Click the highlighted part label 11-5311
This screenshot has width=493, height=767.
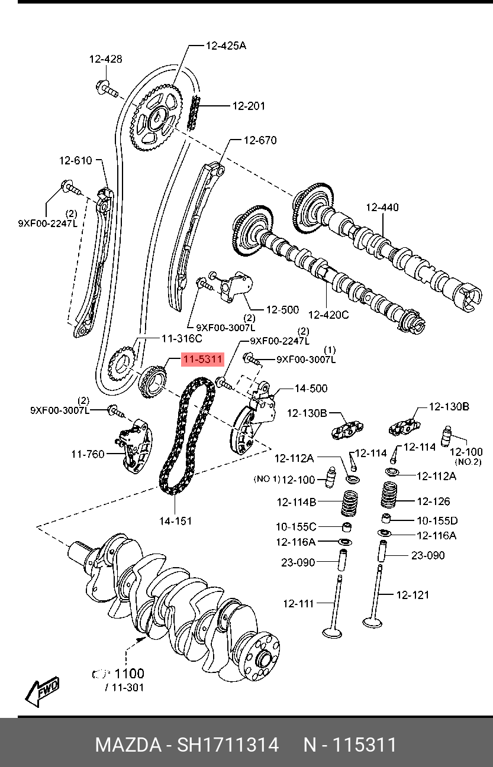pos(202,359)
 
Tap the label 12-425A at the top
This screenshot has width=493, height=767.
pos(226,46)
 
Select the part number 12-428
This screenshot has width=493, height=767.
pos(105,59)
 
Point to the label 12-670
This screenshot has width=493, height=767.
pos(260,140)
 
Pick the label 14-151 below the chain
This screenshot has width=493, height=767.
pos(175,521)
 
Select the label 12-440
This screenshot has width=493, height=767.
pos(382,207)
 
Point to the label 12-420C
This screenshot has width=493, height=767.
pos(328,315)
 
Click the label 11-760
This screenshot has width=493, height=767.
pos(88,454)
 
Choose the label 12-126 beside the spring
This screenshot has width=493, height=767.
pos(433,501)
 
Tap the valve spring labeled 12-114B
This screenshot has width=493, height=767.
pos(350,503)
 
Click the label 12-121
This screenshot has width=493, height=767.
pos(413,595)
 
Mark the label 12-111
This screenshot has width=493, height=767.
pos(298,603)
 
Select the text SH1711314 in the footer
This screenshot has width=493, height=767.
pos(228,745)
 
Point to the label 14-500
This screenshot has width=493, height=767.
pos(311,389)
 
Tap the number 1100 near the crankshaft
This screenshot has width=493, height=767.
pos(129,674)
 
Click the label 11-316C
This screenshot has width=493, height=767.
pos(182,338)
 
